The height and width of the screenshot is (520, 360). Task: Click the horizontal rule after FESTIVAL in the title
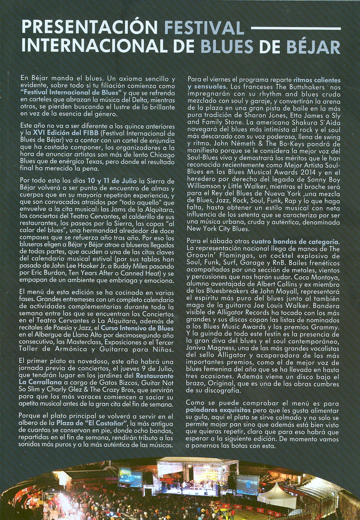[296, 29]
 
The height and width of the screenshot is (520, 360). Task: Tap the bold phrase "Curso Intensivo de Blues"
[137, 328]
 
